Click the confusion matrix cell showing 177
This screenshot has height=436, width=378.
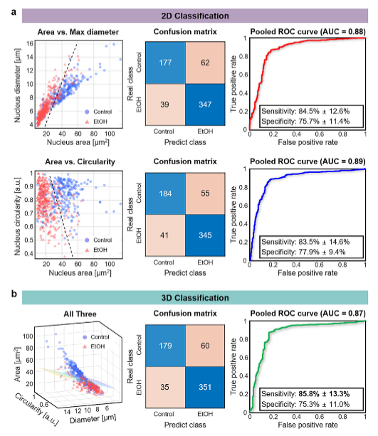[165, 63]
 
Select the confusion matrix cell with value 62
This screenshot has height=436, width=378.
[205, 63]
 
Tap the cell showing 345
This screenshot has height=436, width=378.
[205, 235]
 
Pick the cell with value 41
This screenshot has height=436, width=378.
[165, 235]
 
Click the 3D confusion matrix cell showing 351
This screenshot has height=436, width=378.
[205, 387]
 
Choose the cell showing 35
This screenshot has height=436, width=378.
[165, 387]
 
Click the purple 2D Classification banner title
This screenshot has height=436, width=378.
[195, 16]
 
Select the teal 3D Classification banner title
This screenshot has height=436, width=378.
[195, 298]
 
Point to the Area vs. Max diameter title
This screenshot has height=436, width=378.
[78, 32]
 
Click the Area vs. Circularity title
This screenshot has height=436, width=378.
[80, 162]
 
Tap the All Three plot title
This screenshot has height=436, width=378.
[80, 314]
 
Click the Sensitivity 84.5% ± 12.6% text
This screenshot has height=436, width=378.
[305, 111]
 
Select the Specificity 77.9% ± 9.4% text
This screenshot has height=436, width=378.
[303, 252]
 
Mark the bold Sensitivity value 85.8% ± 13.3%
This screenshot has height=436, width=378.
[324, 394]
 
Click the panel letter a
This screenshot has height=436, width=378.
[14, 13]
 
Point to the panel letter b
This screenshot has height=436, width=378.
[14, 294]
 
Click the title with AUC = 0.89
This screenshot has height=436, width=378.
[308, 161]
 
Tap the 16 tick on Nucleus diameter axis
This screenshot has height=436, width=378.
[30, 43]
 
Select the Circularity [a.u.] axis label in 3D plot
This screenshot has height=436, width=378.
[37, 410]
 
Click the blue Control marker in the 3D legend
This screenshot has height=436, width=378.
[85, 337]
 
